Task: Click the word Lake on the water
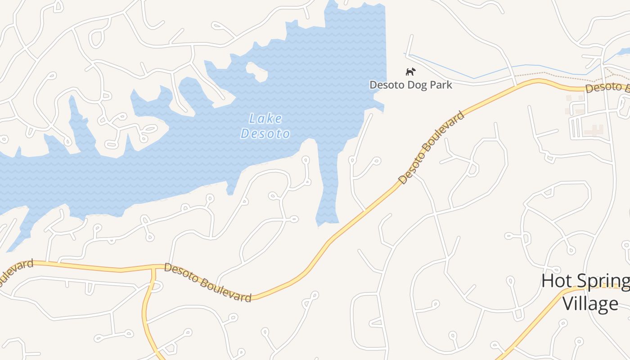pos(265,119)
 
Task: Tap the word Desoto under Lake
pos(265,134)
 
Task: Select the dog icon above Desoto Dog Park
pos(410,72)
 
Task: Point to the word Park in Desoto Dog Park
pos(440,85)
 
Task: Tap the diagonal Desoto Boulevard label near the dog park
pos(431,148)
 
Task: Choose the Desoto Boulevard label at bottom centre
pos(207,283)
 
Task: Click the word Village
pos(590,303)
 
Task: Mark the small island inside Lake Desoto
pos(256,71)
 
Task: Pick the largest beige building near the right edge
pos(594,130)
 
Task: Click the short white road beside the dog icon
pos(409,45)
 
